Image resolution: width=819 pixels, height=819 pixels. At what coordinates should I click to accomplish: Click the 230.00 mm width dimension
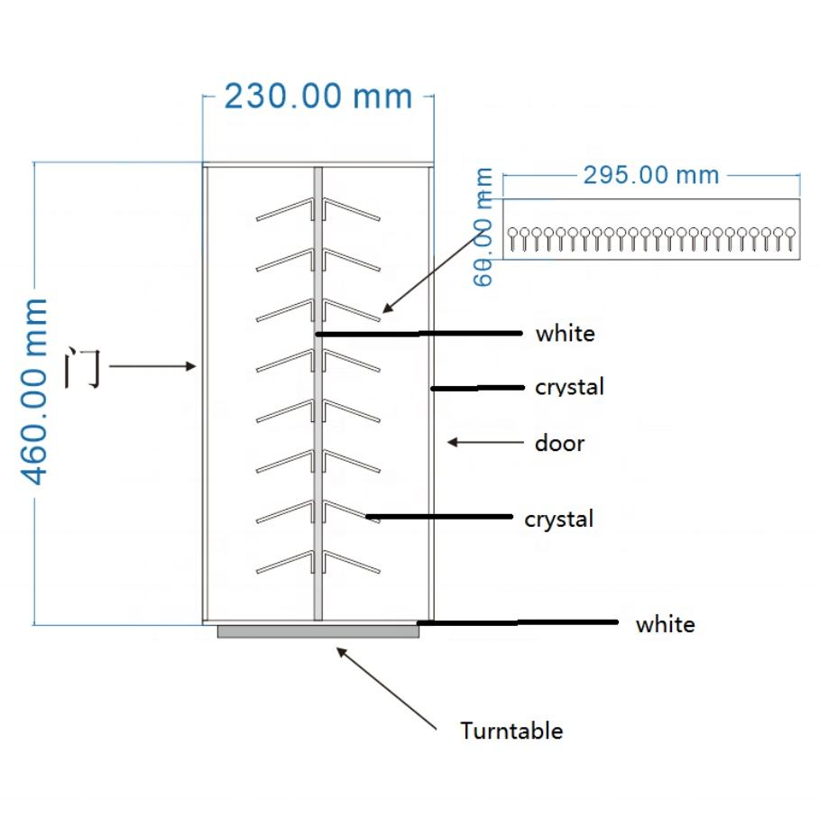tap(317, 96)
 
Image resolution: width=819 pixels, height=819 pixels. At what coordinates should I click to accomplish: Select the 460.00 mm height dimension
tap(37, 391)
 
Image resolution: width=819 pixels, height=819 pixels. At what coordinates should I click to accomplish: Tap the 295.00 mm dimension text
tap(650, 174)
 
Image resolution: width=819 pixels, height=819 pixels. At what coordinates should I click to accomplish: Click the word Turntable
tap(511, 731)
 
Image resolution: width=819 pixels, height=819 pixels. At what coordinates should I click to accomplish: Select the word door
tap(559, 443)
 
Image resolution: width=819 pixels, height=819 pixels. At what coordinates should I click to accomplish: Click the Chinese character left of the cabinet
tap(83, 367)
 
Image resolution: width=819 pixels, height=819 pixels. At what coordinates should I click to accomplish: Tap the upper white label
tap(566, 334)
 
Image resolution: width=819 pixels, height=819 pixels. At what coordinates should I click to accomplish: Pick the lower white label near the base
tap(665, 624)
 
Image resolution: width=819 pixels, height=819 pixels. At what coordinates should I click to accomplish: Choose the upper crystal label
tap(569, 387)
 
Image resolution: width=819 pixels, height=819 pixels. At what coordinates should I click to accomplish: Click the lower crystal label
tap(559, 520)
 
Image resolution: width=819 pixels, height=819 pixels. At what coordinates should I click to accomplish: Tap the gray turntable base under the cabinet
tap(318, 631)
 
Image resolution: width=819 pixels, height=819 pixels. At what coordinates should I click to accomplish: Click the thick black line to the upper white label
tap(419, 334)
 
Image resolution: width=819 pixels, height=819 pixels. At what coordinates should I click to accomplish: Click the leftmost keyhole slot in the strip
tap(513, 238)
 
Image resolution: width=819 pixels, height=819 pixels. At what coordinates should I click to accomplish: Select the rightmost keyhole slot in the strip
tap(788, 238)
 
